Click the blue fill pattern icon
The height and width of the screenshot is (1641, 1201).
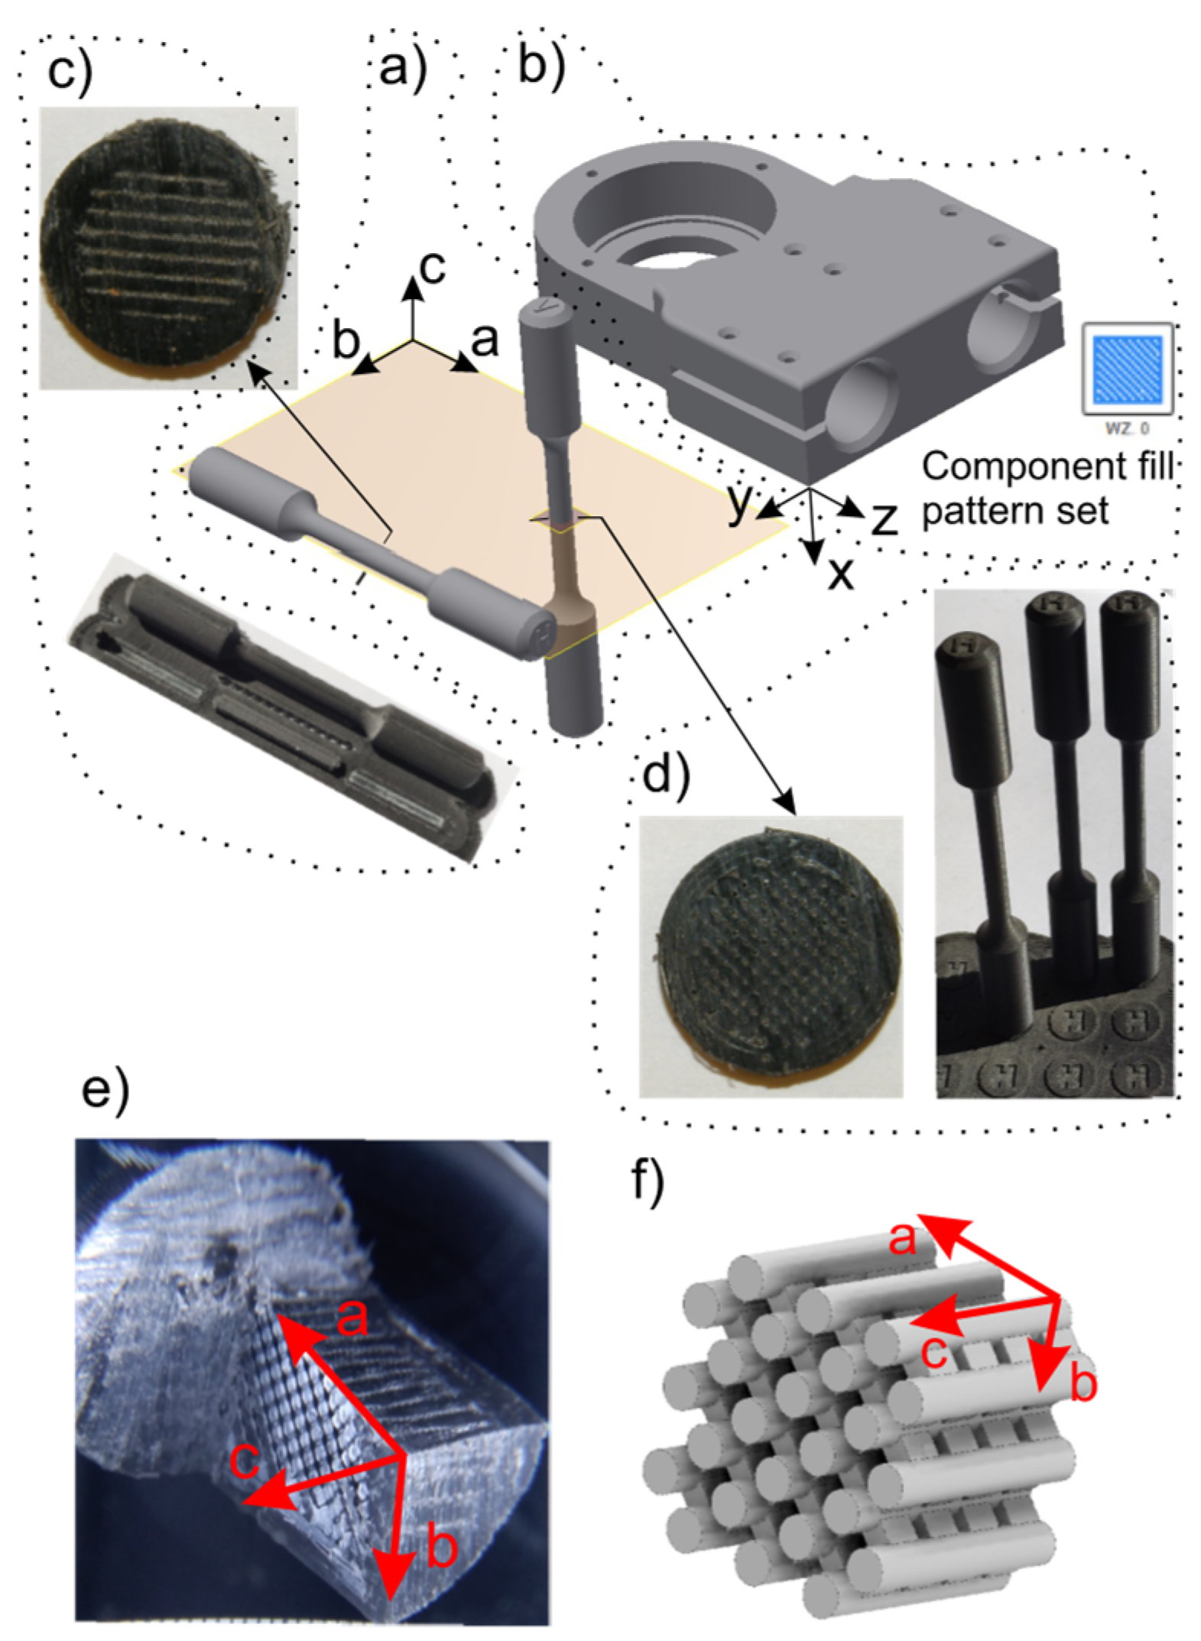click(1127, 369)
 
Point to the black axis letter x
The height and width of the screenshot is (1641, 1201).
click(840, 573)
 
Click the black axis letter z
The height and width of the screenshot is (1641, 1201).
click(884, 520)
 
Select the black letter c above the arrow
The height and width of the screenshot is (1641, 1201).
click(433, 267)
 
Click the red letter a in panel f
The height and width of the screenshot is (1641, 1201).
click(902, 1237)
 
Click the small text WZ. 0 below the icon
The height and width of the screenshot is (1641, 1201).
click(1126, 428)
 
